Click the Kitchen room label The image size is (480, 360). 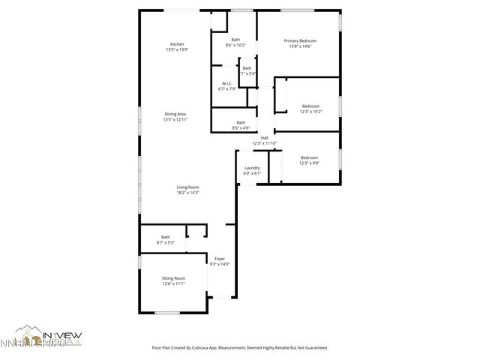click(x=177, y=43)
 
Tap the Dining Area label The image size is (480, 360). click(x=175, y=114)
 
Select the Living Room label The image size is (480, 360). click(x=187, y=187)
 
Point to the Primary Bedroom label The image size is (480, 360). click(x=299, y=40)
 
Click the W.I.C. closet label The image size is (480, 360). click(x=226, y=83)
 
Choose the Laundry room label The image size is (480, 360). click(x=252, y=168)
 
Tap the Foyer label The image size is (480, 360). click(x=220, y=259)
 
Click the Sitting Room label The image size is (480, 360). click(x=173, y=278)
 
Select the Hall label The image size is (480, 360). click(x=264, y=138)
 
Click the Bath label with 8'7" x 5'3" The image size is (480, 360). click(x=165, y=237)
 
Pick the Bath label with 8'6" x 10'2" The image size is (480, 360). click(x=235, y=40)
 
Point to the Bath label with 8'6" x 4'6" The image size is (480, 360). click(x=241, y=122)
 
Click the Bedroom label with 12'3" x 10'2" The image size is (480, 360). click(x=311, y=106)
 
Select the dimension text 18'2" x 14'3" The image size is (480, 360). click(x=187, y=193)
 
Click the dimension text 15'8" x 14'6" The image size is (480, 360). click(x=299, y=46)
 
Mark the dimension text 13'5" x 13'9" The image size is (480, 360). click(x=177, y=49)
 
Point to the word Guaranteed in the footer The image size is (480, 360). click(x=313, y=348)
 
